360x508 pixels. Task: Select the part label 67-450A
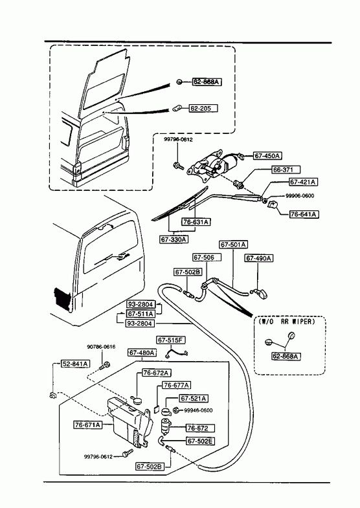[267, 156]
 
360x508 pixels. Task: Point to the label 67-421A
[303, 182]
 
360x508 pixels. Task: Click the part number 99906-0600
[300, 195]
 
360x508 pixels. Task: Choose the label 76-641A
[304, 214]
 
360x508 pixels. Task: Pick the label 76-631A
[196, 222]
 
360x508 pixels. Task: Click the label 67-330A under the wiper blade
[174, 239]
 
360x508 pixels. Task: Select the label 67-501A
[234, 244]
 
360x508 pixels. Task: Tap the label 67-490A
[258, 258]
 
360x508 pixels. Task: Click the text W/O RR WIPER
[287, 322]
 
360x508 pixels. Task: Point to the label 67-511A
[141, 314]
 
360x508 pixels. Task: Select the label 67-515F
[171, 340]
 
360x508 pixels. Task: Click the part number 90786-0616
[101, 347]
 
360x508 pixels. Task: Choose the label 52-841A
[76, 364]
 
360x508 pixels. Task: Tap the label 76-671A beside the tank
[88, 425]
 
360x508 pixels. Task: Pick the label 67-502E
[201, 441]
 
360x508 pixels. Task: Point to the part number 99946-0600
[198, 410]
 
